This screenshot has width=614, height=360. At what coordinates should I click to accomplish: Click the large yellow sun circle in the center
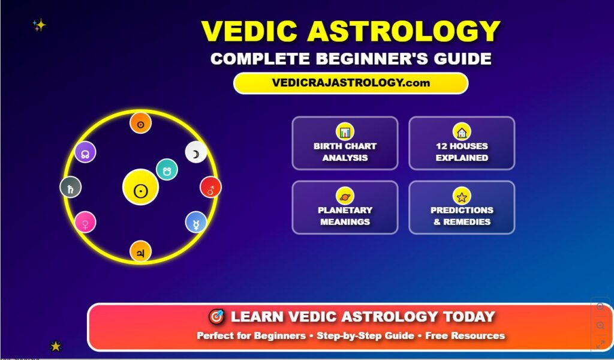(x=140, y=187)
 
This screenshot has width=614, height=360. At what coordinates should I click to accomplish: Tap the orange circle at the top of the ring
(x=141, y=123)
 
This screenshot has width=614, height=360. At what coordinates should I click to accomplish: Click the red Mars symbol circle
(x=210, y=187)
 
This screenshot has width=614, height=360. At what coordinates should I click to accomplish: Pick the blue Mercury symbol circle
(x=196, y=222)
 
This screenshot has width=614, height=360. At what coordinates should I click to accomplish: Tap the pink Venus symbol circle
(x=85, y=222)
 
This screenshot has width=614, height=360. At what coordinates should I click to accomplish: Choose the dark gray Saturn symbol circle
(x=71, y=187)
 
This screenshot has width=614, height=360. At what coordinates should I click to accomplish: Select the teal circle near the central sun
(x=167, y=169)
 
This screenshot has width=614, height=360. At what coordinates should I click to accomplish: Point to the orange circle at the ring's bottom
(x=141, y=251)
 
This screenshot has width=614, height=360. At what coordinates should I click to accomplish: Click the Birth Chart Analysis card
(x=345, y=143)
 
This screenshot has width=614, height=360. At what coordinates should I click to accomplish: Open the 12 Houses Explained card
(x=462, y=143)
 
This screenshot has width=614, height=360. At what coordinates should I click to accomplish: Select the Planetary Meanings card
(x=345, y=207)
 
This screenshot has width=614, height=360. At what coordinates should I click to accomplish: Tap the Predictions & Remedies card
(x=462, y=207)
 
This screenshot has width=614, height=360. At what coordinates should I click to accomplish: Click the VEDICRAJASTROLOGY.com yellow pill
(x=350, y=83)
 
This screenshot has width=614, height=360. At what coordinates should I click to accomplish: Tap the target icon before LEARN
(x=216, y=317)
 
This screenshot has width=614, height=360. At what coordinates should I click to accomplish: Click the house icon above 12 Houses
(x=462, y=131)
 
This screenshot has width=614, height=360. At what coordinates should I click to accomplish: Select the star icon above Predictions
(x=462, y=196)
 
